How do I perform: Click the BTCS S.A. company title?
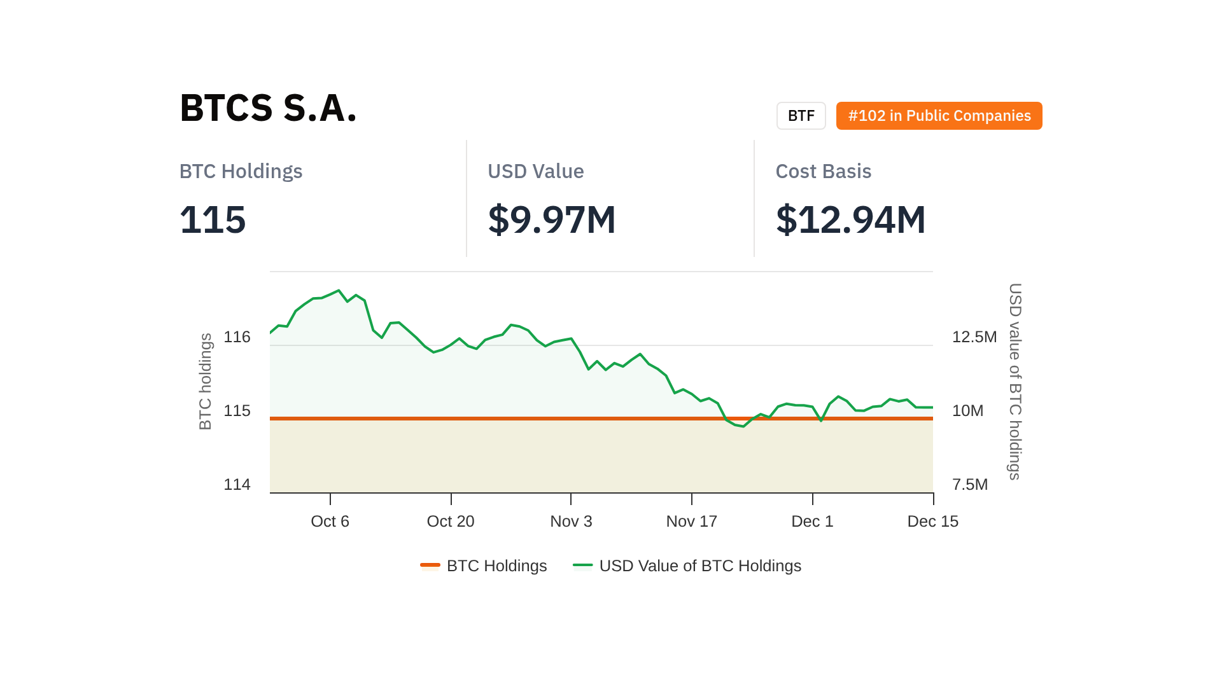pos(268,108)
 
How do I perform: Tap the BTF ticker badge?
pos(801,116)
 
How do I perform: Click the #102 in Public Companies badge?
pos(939,116)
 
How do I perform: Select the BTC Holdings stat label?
pos(241,171)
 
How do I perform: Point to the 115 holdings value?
pos(213,219)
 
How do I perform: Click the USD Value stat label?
pos(535,171)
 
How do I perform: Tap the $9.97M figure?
pos(551,219)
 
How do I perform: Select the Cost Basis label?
pos(823,171)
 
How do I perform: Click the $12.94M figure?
pos(850,219)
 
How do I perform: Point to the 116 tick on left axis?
pos(237,337)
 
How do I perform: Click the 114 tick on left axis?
pos(237,485)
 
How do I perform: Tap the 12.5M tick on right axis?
pos(974,337)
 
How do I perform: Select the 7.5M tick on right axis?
pos(969,485)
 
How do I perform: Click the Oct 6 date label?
pos(330,522)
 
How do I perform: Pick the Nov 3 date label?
pos(571,522)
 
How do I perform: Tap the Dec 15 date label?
pos(932,522)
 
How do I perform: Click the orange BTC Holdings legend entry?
pos(484,566)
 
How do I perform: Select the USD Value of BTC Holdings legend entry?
pos(687,566)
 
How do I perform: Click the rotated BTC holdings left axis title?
pos(205,382)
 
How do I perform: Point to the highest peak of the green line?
pos(339,291)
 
